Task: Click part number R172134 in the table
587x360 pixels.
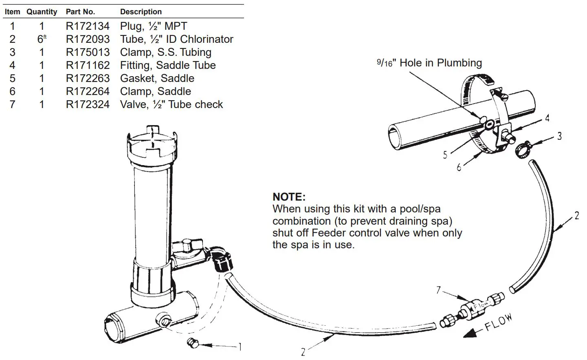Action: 88,27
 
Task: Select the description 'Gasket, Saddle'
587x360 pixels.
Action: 157,78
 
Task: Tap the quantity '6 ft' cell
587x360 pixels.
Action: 42,39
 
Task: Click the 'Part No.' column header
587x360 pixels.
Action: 80,12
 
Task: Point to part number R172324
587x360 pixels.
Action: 88,104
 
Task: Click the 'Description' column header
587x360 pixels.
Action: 141,12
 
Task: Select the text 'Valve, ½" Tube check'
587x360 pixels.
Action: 171,104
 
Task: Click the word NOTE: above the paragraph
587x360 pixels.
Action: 289,197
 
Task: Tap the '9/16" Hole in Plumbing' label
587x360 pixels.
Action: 429,63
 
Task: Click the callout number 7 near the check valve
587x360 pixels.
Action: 439,290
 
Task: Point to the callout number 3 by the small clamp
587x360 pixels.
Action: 560,136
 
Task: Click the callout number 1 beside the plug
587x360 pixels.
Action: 240,347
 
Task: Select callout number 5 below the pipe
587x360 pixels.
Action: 445,155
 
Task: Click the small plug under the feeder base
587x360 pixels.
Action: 191,343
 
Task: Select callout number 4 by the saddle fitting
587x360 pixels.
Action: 547,118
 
